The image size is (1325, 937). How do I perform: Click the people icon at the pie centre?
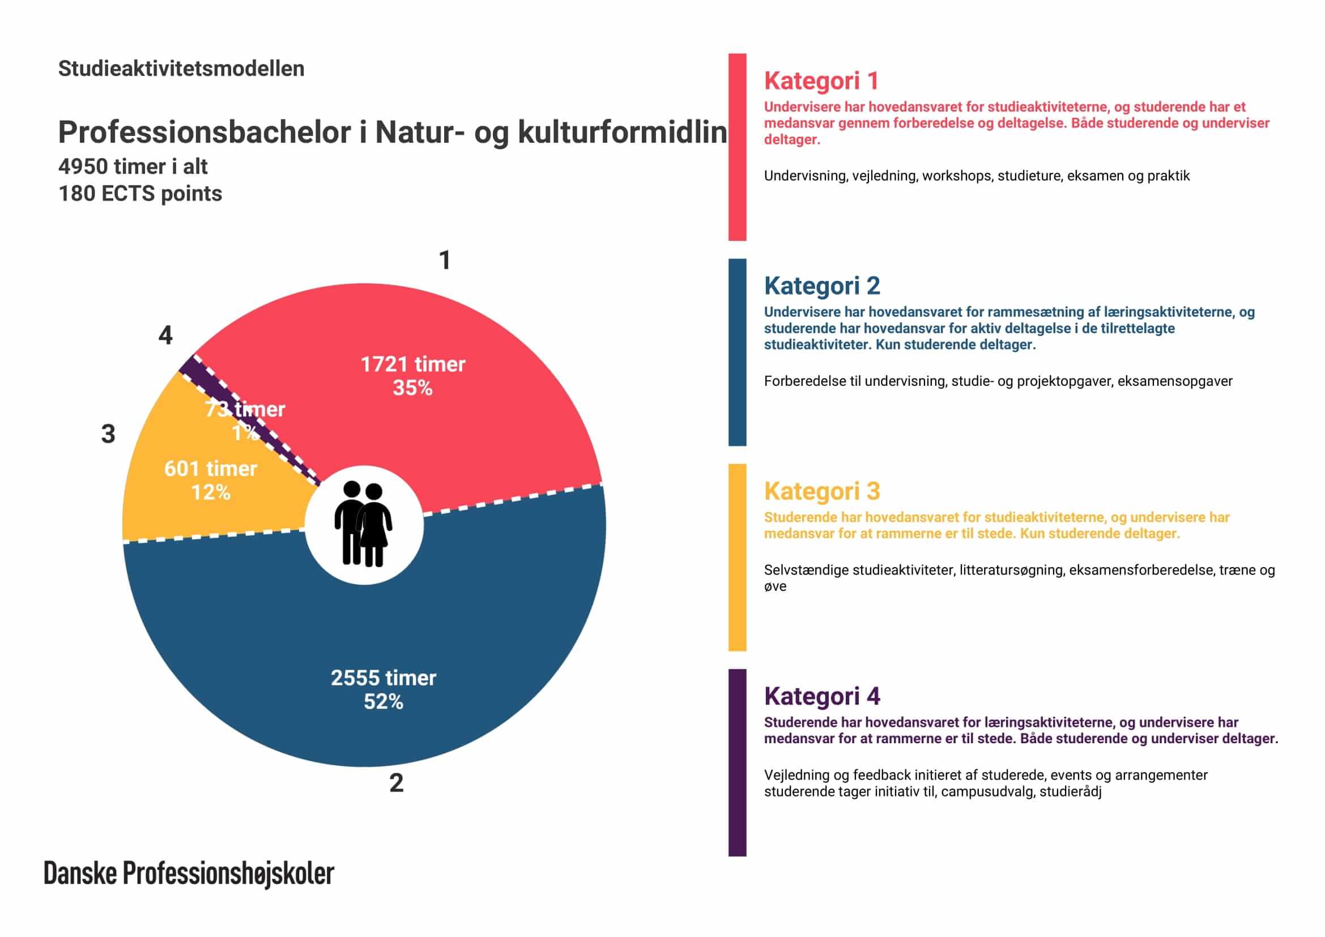click(x=364, y=525)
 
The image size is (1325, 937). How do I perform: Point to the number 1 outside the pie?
click(x=444, y=260)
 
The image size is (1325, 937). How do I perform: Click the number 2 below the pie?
click(x=396, y=783)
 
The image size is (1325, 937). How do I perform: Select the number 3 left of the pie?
click(x=108, y=434)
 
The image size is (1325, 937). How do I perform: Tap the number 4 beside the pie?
click(x=165, y=335)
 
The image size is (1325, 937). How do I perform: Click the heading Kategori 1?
click(x=821, y=81)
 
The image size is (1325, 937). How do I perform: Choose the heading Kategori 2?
click(x=822, y=286)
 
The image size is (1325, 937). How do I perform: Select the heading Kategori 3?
click(x=822, y=491)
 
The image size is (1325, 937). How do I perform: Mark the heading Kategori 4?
click(x=822, y=696)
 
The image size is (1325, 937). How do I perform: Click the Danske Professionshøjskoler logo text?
click(x=189, y=874)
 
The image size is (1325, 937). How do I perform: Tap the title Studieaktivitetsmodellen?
click(x=181, y=69)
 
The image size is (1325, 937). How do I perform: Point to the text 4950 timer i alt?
click(x=133, y=167)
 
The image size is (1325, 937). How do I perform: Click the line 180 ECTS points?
click(x=140, y=194)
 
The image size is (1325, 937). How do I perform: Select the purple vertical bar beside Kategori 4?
click(x=737, y=762)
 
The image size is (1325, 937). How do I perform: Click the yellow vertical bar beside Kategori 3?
click(x=737, y=557)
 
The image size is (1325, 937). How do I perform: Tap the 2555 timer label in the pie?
click(x=383, y=678)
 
